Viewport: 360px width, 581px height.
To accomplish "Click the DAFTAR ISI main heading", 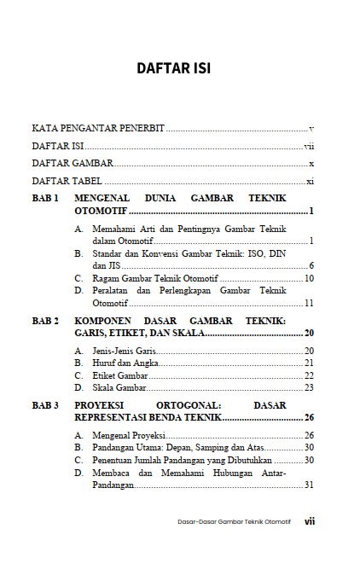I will pyautogui.click(x=180, y=67).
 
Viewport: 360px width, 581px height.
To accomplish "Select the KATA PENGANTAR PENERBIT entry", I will pyautogui.click(x=98, y=127).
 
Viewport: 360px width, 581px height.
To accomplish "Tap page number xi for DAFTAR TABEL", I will pyautogui.click(x=311, y=182).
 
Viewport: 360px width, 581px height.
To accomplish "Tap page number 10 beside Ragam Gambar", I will pyautogui.click(x=310, y=278).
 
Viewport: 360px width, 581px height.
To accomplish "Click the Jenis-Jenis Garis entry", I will pyautogui.click(x=119, y=351).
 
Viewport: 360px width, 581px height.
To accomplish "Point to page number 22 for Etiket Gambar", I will pyautogui.click(x=310, y=375).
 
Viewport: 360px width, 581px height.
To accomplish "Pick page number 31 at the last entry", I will pyautogui.click(x=310, y=485).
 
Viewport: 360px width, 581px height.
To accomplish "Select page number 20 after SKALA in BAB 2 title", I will pyautogui.click(x=310, y=334).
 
